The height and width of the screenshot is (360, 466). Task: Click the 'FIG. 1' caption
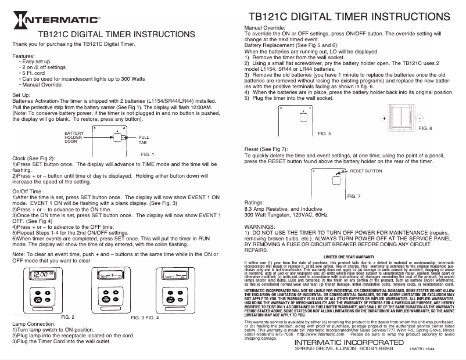[147, 154]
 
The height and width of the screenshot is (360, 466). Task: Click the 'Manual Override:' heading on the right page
[268, 27]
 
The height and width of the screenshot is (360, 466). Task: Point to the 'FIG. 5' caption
[325, 133]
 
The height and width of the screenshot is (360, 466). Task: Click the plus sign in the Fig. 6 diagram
[384, 118]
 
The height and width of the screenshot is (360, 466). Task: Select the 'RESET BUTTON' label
[365, 172]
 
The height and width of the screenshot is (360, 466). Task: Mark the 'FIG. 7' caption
[353, 197]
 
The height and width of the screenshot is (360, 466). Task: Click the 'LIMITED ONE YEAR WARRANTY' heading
[348, 256]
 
